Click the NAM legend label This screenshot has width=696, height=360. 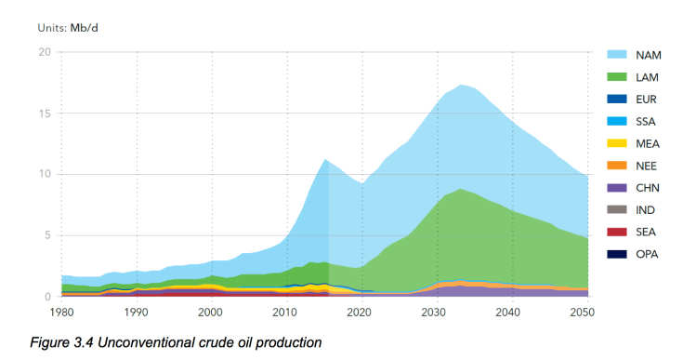click(649, 54)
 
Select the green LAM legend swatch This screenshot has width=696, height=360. click(620, 76)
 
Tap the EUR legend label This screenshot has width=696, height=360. click(648, 99)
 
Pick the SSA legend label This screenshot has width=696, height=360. click(648, 121)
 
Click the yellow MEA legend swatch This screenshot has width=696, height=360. click(620, 143)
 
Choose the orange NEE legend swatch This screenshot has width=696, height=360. click(620, 166)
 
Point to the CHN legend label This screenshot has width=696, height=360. click(649, 188)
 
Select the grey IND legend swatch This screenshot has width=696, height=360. click(620, 210)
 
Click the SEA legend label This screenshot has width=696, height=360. click(648, 232)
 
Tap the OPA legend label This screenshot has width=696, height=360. click(648, 254)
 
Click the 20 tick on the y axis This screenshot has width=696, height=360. click(43, 52)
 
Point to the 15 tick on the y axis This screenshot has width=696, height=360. click(43, 113)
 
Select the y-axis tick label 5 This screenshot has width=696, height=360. click(46, 235)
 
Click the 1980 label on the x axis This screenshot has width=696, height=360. click(61, 313)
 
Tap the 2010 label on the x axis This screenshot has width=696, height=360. click(287, 313)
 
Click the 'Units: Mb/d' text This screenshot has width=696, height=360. click(68, 27)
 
